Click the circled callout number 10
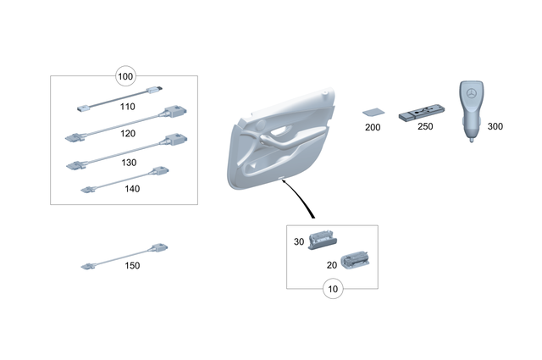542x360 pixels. tap(332, 289)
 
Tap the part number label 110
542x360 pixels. tap(128, 108)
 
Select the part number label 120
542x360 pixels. tap(128, 135)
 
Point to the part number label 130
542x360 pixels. tap(128, 162)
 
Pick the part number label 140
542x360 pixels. tap(131, 189)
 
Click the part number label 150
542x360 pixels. tap(131, 266)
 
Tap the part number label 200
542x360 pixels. tap(373, 127)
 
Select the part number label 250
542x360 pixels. tap(424, 127)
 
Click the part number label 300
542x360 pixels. tap(495, 126)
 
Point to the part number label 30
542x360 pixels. tap(298, 242)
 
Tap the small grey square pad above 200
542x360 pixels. tap(372, 111)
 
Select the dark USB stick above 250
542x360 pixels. tap(423, 112)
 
